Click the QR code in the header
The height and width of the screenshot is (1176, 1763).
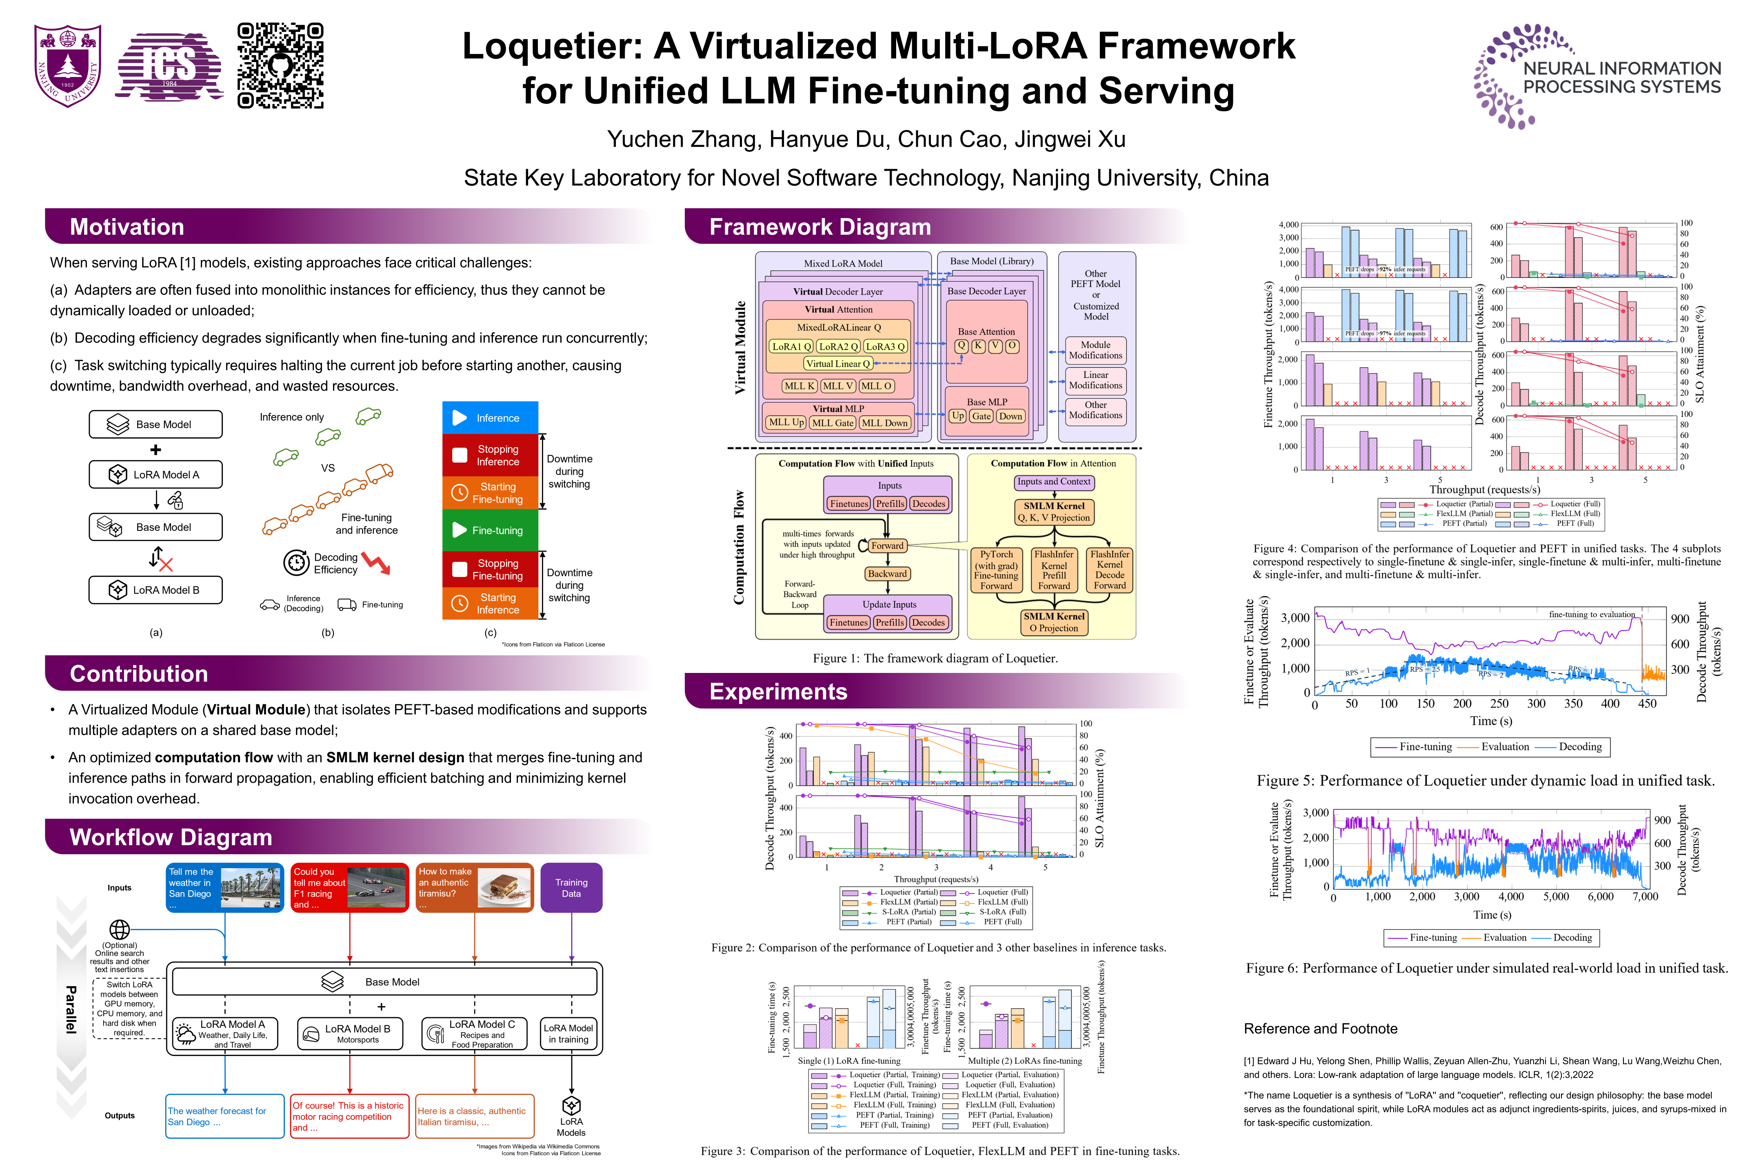point(280,66)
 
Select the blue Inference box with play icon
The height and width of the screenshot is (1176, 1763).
point(490,418)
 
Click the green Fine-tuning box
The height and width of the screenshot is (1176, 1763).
point(490,530)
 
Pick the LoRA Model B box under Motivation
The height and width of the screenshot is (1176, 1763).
point(156,590)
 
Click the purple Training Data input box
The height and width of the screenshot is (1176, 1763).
point(571,888)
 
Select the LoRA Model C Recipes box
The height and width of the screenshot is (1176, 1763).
point(475,1033)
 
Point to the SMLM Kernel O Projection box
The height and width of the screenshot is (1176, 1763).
point(1054,622)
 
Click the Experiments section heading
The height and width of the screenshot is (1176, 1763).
point(778,691)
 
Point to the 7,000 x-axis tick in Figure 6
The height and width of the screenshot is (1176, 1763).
point(1645,897)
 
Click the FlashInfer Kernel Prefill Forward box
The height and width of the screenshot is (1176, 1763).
point(1054,570)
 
